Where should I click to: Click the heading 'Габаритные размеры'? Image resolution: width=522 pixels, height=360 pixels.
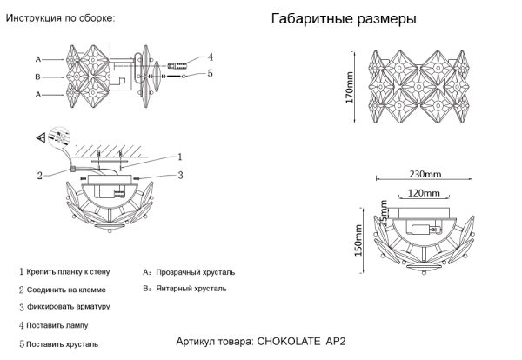344,19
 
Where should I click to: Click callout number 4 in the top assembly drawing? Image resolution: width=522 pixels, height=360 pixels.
211,57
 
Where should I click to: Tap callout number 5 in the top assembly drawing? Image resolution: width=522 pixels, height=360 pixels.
211,75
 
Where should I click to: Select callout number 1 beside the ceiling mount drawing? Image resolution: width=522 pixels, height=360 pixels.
179,157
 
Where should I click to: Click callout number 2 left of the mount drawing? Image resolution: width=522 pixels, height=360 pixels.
40,175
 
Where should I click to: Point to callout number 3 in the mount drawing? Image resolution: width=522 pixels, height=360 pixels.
179,176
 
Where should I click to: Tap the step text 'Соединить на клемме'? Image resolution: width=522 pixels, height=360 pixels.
66,290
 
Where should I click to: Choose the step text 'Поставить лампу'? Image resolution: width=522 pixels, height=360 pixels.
57,325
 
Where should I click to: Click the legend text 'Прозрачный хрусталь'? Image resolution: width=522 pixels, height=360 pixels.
196,272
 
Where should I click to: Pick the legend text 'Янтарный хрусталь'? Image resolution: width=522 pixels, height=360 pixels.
191,287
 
